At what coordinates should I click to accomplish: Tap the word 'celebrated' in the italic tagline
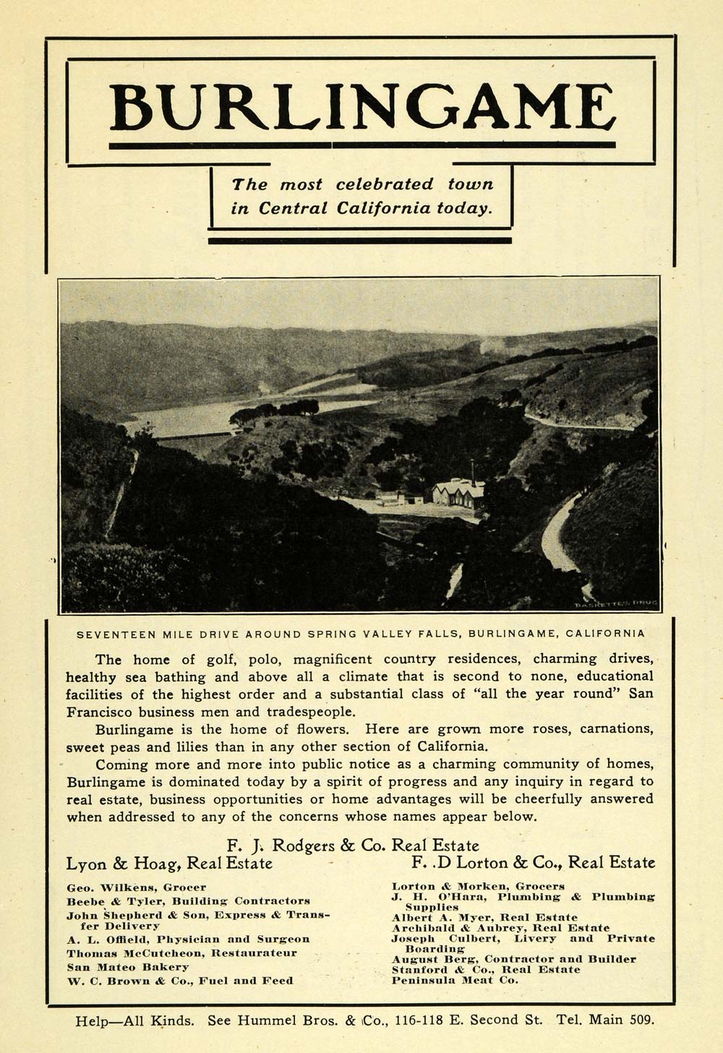(x=384, y=184)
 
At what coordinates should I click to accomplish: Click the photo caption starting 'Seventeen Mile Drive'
(x=361, y=634)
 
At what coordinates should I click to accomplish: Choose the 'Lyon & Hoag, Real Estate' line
(x=169, y=863)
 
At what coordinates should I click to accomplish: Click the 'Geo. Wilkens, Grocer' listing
(x=137, y=887)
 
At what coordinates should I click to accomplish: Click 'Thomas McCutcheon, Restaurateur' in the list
(x=181, y=953)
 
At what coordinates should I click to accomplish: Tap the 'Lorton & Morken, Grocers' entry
(x=478, y=886)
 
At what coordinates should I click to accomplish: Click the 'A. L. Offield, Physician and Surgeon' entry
(x=188, y=939)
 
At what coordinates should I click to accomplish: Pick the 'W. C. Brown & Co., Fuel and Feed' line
(x=180, y=981)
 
